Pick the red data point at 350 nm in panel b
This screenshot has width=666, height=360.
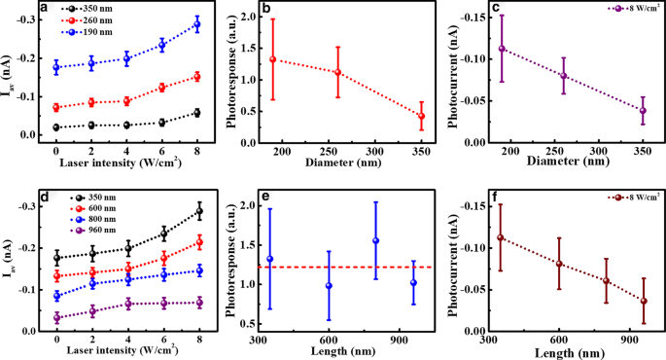coord(421,116)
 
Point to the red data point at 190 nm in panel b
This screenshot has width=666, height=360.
coord(272,59)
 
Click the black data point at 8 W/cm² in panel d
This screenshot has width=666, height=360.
coord(196,211)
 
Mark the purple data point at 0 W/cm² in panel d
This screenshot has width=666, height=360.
coord(56,318)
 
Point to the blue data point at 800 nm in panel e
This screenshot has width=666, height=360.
coord(375,240)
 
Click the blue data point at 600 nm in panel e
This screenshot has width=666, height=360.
coord(329,286)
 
